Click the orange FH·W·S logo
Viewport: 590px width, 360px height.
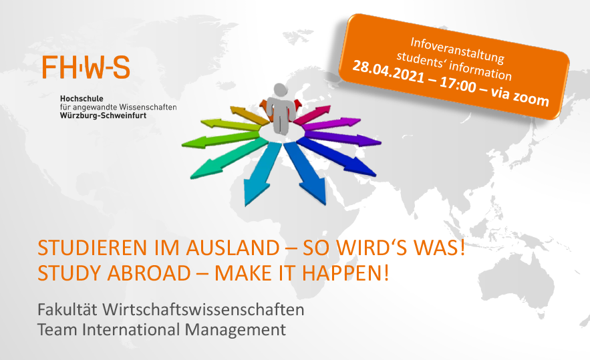(86, 67)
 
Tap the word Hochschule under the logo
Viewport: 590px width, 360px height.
(82, 99)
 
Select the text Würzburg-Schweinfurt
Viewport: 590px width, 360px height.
(103, 116)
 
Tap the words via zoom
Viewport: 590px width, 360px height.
(520, 96)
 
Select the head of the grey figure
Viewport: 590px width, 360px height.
(281, 90)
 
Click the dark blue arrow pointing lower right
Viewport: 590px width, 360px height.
(337, 157)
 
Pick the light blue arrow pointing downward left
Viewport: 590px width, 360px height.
(261, 174)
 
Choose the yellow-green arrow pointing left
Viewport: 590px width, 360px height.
(231, 124)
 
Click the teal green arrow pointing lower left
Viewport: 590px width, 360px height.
(229, 158)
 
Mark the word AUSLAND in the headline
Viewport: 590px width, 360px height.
(233, 248)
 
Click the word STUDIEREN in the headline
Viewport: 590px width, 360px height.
(92, 248)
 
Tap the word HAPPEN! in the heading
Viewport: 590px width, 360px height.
(345, 273)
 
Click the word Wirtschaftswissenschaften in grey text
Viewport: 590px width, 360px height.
(203, 310)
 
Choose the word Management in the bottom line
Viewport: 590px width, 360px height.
(235, 330)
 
